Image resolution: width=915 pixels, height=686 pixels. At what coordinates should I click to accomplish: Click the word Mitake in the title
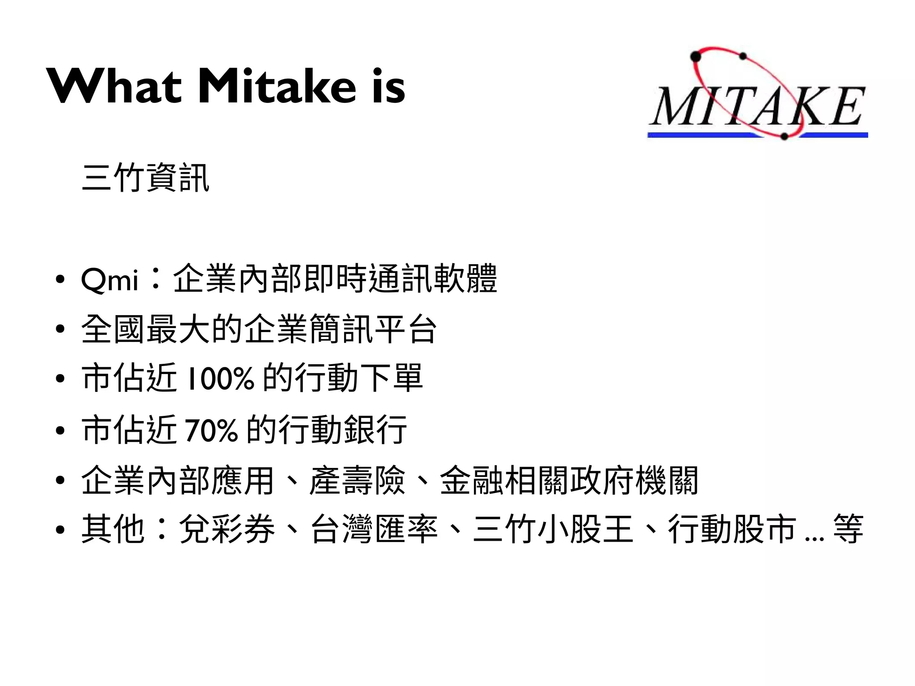277,86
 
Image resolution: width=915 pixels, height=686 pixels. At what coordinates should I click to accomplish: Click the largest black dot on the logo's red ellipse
696,56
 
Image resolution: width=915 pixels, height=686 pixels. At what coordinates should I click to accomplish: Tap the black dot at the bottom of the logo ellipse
784,136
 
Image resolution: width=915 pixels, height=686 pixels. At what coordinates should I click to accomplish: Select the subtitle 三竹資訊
146,178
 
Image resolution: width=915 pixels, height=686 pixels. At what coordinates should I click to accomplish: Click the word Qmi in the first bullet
110,280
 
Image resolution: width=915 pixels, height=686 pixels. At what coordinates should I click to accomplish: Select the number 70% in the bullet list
210,430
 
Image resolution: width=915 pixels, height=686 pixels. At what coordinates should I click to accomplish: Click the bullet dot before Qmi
60,280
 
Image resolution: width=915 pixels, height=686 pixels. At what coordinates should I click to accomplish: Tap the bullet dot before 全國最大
60,329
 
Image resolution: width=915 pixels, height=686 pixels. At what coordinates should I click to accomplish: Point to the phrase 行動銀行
343,429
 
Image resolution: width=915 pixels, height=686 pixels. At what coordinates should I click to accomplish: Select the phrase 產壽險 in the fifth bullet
357,480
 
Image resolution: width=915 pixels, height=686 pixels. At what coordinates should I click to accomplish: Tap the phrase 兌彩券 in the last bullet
227,529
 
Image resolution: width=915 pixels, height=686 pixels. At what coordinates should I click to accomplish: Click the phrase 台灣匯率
374,529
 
